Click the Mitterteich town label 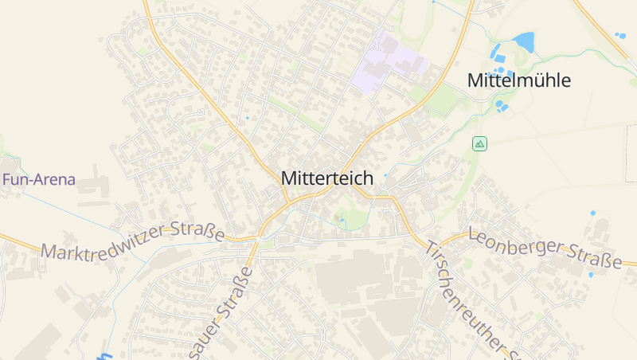(x=326, y=179)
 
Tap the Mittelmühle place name (x=519, y=80)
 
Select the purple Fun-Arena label (x=38, y=180)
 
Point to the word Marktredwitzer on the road (x=104, y=243)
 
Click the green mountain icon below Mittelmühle (x=479, y=143)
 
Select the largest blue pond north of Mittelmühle (x=524, y=41)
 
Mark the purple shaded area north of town (x=387, y=62)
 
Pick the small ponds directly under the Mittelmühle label (x=502, y=105)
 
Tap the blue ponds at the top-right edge (x=620, y=35)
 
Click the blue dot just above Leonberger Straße (x=592, y=213)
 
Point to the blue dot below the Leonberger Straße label (x=590, y=275)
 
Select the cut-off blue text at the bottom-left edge (x=106, y=355)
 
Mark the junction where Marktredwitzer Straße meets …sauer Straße (x=256, y=237)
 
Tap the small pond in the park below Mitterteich (x=342, y=217)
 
